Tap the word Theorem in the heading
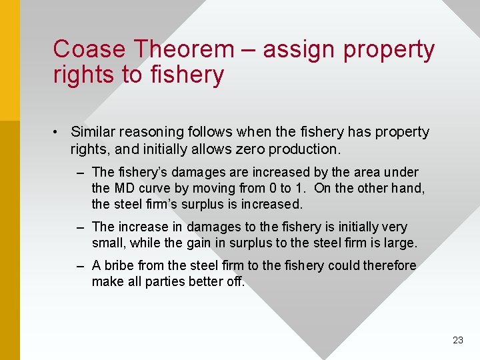click(183, 49)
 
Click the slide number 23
click(457, 340)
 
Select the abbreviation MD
click(123, 188)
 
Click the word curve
click(155, 188)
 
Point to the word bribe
click(120, 265)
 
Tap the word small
click(107, 243)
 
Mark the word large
click(401, 243)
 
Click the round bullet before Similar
click(59, 132)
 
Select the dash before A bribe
click(80, 265)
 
